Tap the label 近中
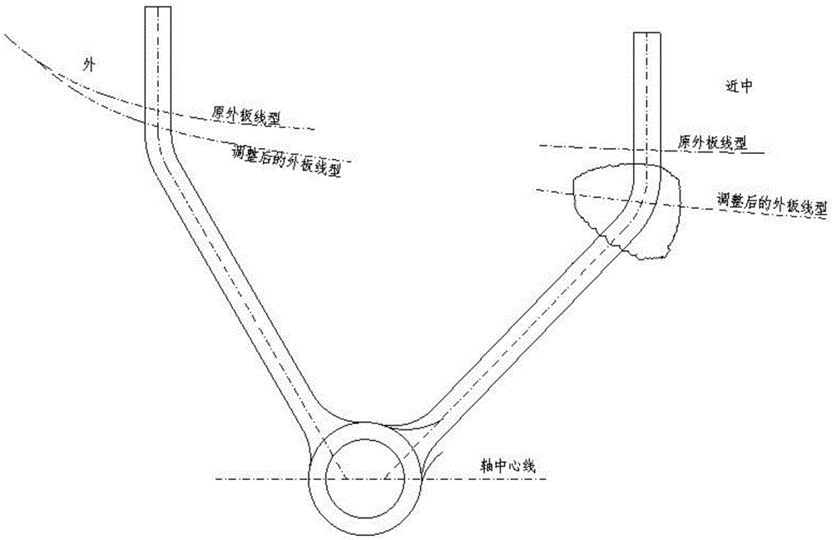[739, 87]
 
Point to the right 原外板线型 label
[712, 142]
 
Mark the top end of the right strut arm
[646, 35]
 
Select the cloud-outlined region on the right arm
[629, 211]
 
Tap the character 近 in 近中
[731, 87]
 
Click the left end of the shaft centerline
[215, 480]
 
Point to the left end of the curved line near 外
[4, 34]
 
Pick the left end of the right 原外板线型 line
[539, 146]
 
